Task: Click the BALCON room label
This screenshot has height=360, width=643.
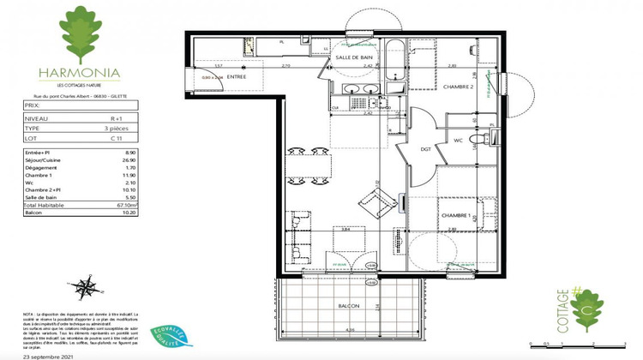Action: tap(347, 305)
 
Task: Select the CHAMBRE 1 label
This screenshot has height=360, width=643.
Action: tap(456, 216)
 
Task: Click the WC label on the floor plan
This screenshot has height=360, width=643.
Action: tap(459, 140)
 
